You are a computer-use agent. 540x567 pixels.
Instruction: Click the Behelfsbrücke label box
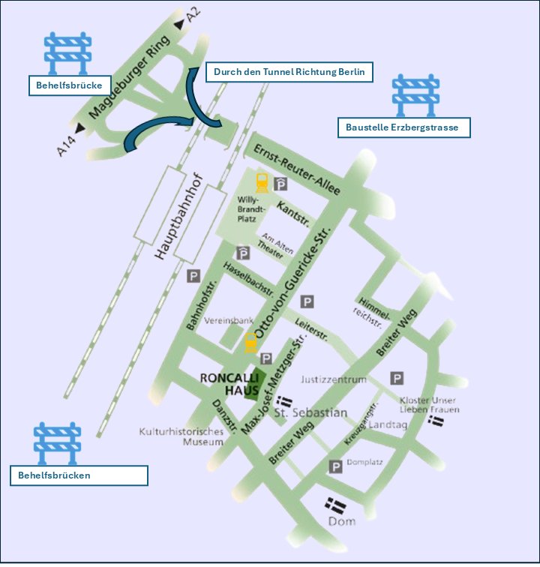click(x=69, y=85)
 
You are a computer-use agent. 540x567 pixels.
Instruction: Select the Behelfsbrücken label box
click(x=78, y=475)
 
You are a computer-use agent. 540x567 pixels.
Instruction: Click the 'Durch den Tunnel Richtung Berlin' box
click(x=289, y=73)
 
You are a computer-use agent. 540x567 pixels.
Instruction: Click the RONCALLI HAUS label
click(x=230, y=385)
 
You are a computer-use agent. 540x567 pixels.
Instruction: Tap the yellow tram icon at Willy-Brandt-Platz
click(x=262, y=182)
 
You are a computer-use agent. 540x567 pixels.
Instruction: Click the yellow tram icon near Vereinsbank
click(x=251, y=343)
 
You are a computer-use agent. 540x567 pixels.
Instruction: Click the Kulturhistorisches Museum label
click(x=181, y=436)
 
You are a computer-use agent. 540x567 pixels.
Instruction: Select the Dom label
click(x=341, y=521)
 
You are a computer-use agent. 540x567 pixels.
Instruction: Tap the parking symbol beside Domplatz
click(x=335, y=466)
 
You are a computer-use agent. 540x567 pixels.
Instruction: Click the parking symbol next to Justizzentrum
click(x=397, y=379)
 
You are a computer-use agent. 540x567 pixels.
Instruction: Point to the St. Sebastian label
click(x=310, y=412)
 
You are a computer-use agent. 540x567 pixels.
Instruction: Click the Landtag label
click(x=388, y=424)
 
